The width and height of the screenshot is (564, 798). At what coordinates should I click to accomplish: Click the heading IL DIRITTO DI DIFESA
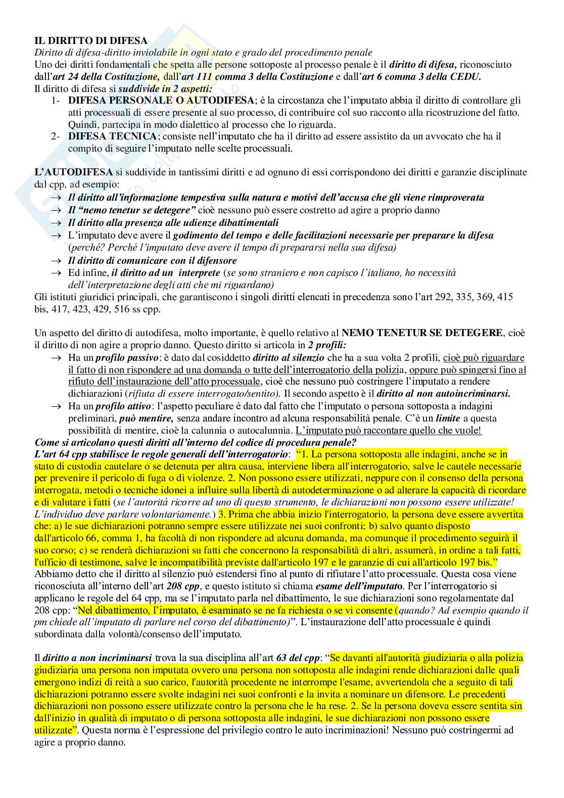(x=91, y=40)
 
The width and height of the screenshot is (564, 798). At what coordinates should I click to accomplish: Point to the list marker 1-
(x=56, y=100)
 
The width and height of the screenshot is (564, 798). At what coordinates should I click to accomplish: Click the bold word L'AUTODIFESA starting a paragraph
(x=74, y=172)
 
